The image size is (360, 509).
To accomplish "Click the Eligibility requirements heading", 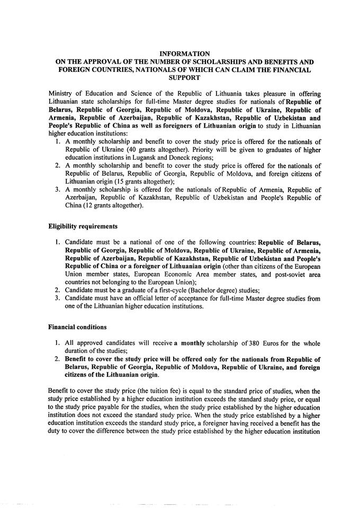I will pos(83,226).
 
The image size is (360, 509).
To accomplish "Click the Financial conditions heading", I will pos(77,327).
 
